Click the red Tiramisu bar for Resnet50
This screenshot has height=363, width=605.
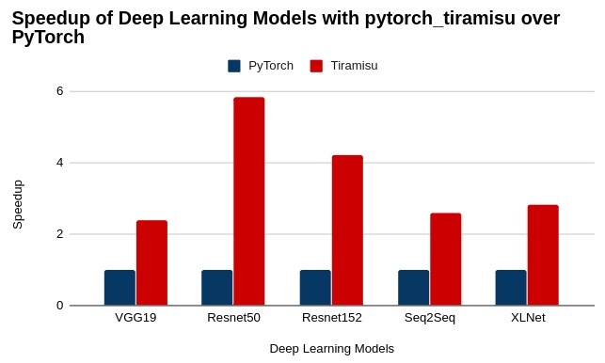[249, 201]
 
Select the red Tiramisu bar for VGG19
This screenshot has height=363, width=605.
[151, 262]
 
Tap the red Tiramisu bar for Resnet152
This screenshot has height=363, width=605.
[347, 230]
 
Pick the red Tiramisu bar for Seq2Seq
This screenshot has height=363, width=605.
[446, 259]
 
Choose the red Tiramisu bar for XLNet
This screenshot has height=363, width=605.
[543, 255]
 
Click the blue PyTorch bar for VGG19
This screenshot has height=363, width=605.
[119, 288]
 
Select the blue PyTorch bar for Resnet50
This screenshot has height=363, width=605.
[216, 288]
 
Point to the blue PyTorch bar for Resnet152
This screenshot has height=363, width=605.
[315, 288]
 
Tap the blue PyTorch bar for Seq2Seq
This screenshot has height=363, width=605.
[413, 288]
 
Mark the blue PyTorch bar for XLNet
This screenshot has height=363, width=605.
[511, 288]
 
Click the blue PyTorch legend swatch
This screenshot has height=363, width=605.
[234, 66]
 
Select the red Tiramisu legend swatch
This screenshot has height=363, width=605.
[316, 66]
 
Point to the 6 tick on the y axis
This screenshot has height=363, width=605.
[59, 91]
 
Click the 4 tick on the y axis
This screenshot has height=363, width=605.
[59, 163]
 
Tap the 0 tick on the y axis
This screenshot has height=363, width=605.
[59, 306]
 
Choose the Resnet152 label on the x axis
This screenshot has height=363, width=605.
[331, 318]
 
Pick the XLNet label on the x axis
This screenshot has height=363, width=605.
[528, 318]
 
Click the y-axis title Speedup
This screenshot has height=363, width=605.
[18, 204]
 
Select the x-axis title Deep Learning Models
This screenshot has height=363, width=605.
[331, 349]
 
